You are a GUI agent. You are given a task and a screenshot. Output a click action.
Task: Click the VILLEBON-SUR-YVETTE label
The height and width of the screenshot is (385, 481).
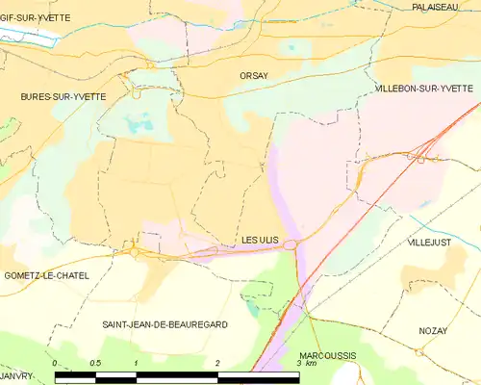424,88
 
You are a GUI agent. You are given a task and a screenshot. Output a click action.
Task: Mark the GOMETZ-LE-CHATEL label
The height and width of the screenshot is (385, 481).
46,275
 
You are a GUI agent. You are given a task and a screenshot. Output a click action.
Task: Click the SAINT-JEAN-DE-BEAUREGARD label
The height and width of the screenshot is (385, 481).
165,325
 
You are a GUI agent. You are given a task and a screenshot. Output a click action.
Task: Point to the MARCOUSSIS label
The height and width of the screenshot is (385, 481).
328,354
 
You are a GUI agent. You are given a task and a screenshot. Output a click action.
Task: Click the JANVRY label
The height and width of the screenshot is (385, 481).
16,375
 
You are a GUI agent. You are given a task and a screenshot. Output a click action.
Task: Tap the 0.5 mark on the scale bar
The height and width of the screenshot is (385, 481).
95,363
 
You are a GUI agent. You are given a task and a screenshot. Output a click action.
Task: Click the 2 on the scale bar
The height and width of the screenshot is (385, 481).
218,363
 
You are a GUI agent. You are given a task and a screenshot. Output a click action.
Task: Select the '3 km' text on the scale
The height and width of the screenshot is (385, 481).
306,364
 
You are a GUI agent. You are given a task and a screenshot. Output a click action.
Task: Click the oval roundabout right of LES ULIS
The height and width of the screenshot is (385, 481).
290,245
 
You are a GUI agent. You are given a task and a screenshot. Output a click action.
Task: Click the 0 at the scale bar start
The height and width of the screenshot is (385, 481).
56,363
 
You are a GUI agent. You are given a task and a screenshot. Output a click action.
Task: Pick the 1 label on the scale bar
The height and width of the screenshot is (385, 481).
137,363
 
